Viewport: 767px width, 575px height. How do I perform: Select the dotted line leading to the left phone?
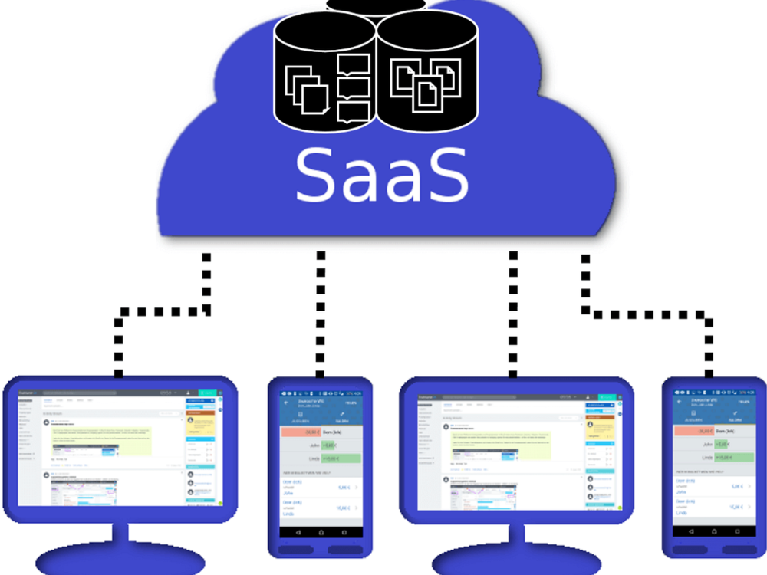321,314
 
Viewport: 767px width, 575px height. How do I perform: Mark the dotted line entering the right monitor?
512,314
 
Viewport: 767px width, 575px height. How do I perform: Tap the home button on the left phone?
321,532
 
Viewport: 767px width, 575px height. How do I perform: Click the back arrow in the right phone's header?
680,401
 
